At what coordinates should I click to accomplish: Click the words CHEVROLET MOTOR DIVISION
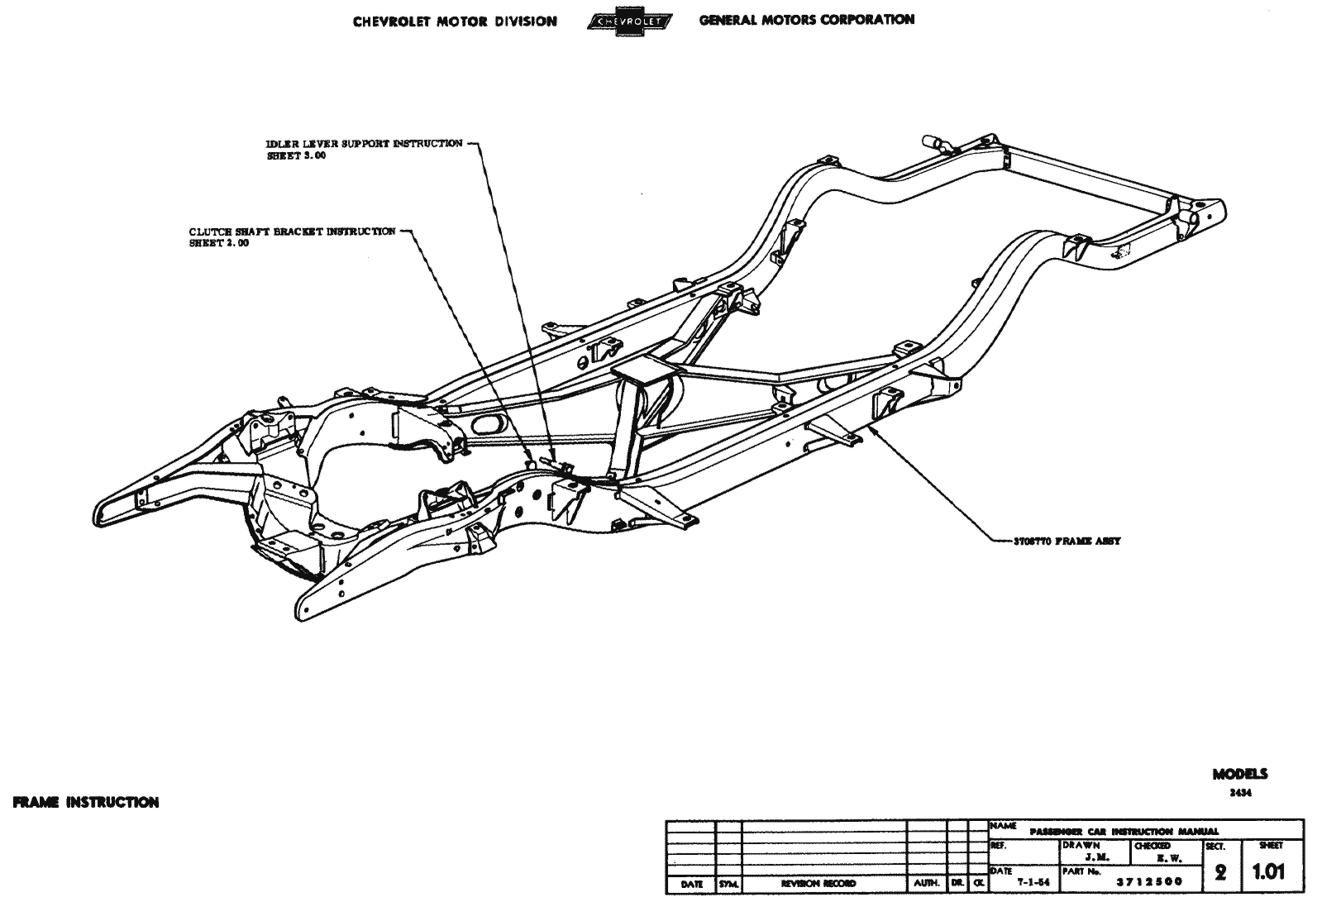(x=455, y=21)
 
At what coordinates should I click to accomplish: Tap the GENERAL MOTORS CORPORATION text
(x=807, y=20)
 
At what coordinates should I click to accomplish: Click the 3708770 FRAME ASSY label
(x=1066, y=542)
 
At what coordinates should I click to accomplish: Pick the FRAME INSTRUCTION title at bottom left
(x=86, y=802)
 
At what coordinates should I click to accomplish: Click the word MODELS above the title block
(x=1239, y=775)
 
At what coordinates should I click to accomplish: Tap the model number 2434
(x=1241, y=792)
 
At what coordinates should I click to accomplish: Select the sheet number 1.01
(x=1268, y=871)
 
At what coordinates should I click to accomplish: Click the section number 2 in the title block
(x=1220, y=872)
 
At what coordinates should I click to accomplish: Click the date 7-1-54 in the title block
(x=1033, y=881)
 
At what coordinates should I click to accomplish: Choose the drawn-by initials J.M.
(x=1097, y=858)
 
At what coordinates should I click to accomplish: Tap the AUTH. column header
(x=926, y=884)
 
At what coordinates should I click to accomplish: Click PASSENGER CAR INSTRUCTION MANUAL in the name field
(x=1124, y=831)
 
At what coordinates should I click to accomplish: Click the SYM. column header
(x=728, y=884)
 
